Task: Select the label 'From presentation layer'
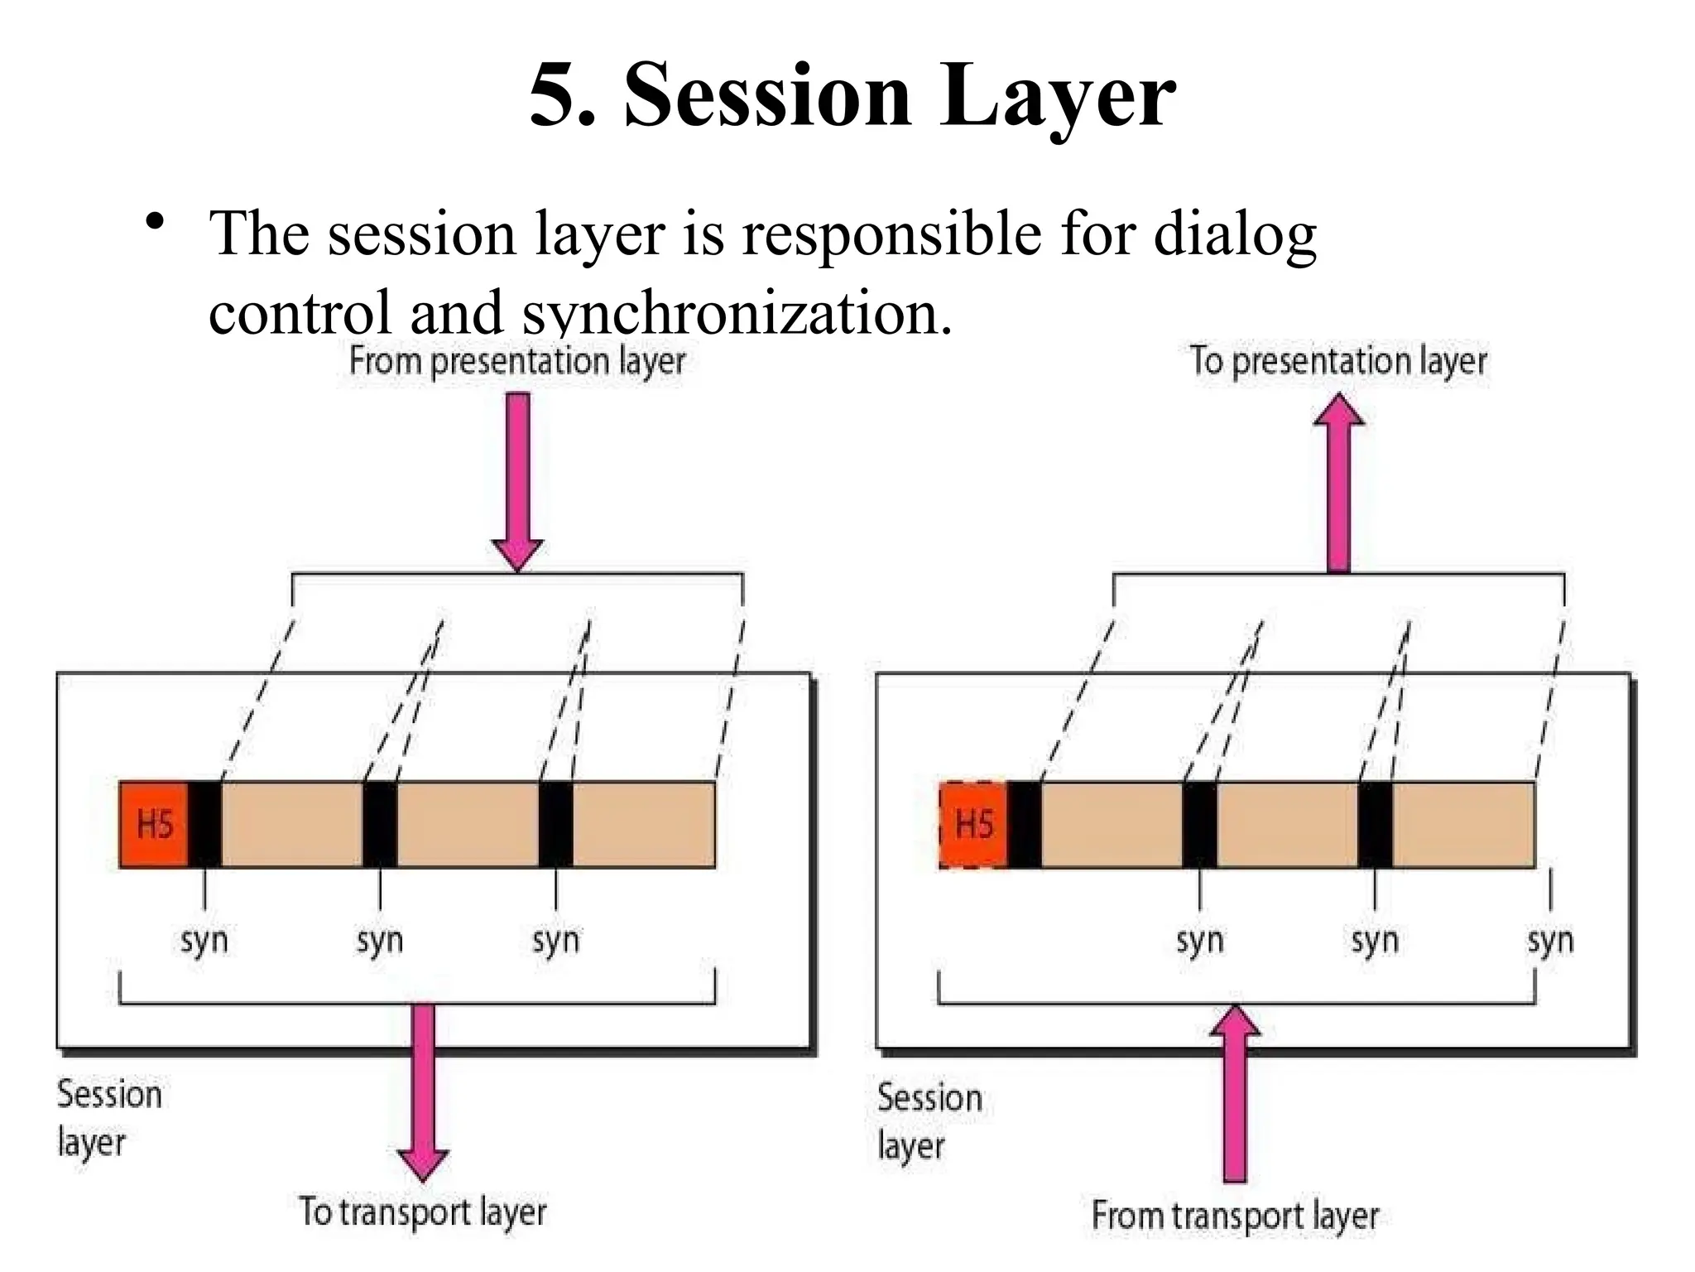coord(516,361)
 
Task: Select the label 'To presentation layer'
coord(1337,361)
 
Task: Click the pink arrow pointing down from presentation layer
coord(517,480)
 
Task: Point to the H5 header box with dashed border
coord(973,825)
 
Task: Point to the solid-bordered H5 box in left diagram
coord(154,825)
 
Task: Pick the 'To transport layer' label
coord(422,1212)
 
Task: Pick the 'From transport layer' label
coord(1235,1216)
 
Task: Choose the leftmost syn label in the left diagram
coord(204,941)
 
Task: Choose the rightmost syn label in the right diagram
coord(1550,941)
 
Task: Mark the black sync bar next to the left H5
coord(204,825)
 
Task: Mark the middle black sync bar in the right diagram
coord(1199,825)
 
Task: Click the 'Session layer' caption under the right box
coord(929,1121)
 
